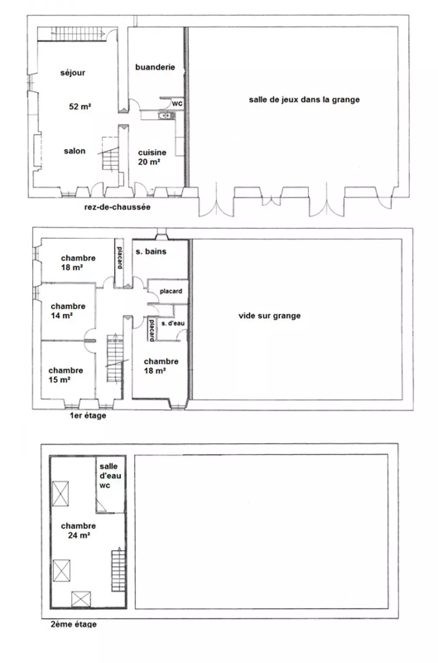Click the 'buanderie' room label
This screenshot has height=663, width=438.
pyautogui.click(x=155, y=67)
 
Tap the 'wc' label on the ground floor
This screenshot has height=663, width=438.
pyautogui.click(x=177, y=103)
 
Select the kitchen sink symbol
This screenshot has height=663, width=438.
pyautogui.click(x=166, y=115)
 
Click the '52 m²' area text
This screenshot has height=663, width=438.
pyautogui.click(x=80, y=106)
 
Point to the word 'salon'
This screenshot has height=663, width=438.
pyautogui.click(x=74, y=151)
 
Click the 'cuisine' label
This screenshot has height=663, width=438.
pyautogui.click(x=152, y=153)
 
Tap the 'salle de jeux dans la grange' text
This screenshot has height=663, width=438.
pyautogui.click(x=304, y=100)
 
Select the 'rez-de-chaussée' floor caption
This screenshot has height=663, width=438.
pyautogui.click(x=117, y=207)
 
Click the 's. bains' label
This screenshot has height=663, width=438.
pyautogui.click(x=151, y=252)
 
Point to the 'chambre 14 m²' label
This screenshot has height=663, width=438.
pyautogui.click(x=68, y=311)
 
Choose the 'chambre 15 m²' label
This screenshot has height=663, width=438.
pyautogui.click(x=66, y=375)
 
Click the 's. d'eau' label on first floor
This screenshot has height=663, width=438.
pyautogui.click(x=173, y=323)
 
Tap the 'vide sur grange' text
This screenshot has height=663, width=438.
pyautogui.click(x=269, y=316)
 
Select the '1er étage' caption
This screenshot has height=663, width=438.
pyautogui.click(x=88, y=416)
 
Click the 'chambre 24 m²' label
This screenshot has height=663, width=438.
pyautogui.click(x=78, y=531)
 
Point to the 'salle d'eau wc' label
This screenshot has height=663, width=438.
pyautogui.click(x=110, y=476)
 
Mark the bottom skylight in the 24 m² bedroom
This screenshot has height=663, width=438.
pyautogui.click(x=81, y=599)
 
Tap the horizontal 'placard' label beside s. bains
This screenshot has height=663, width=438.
pyautogui.click(x=171, y=291)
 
